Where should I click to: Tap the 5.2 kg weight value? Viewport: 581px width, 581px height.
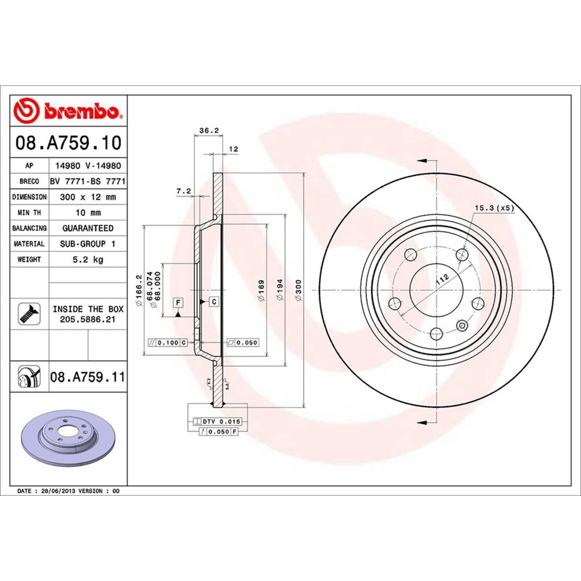pos(88,260)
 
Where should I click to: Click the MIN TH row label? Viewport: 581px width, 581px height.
pos(30,213)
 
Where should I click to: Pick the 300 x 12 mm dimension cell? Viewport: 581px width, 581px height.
pos(88,197)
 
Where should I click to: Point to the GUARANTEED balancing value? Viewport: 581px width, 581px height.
pos(88,228)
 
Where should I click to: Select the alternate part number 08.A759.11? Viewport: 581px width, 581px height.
pos(88,377)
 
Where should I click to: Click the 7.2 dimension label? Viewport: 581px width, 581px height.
pos(183,191)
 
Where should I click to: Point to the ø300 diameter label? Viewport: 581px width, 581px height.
pos(298,290)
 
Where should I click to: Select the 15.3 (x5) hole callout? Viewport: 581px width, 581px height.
pos(493,208)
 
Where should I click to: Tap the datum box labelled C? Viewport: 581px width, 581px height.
pos(214,302)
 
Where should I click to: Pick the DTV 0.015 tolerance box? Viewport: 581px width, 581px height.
pos(216,422)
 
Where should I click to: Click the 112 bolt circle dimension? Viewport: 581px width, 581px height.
pos(441,279)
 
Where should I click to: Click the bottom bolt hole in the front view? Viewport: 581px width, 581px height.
pos(437,333)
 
